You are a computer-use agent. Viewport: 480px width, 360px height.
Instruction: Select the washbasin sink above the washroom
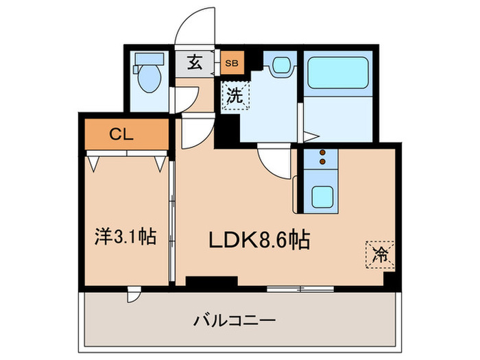coord(280,67)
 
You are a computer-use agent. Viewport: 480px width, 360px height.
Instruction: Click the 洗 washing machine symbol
coord(235,96)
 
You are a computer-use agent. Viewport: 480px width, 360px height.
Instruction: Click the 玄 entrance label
coord(195,64)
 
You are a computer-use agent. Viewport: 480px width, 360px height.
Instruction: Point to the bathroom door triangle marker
coord(309,135)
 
